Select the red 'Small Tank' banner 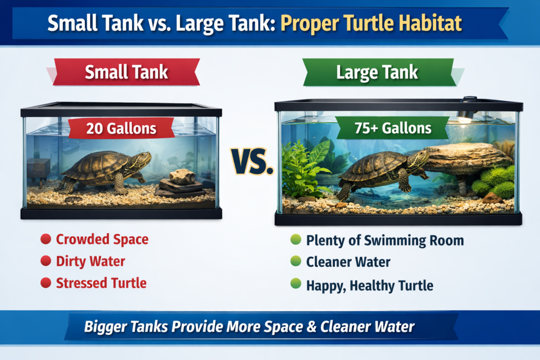click(x=127, y=72)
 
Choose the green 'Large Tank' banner click(x=378, y=72)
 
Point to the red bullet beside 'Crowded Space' click(x=45, y=240)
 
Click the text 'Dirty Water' click(x=91, y=261)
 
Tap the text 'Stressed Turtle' click(x=101, y=283)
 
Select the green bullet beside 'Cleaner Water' click(x=295, y=262)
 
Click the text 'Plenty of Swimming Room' click(x=385, y=241)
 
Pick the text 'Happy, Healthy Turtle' click(x=370, y=286)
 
